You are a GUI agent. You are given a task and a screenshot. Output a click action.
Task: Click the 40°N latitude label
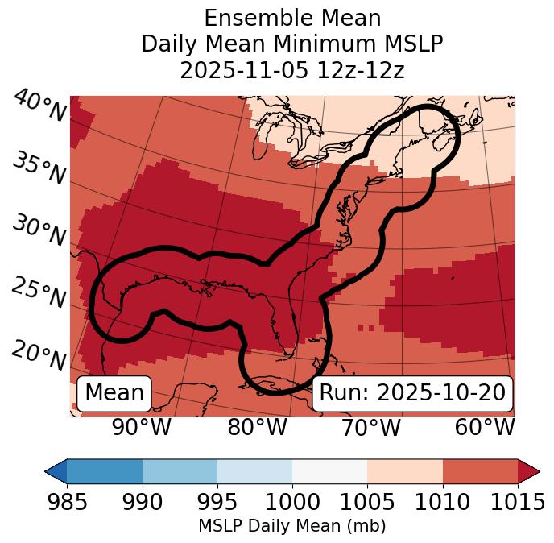coord(39,106)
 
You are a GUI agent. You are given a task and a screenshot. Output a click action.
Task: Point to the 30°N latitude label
coord(39,231)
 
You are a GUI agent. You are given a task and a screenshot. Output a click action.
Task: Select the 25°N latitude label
coord(39,293)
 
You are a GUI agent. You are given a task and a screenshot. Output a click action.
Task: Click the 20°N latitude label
coord(39,354)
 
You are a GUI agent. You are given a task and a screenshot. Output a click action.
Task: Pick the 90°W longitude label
coord(141,427)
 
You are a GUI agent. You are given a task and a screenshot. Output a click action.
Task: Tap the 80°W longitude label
coord(257,427)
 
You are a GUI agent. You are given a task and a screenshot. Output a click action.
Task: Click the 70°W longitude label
coord(370,427)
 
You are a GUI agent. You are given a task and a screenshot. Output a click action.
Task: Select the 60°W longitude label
coord(484,427)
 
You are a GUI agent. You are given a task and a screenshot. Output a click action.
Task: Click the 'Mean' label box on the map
coord(114,393)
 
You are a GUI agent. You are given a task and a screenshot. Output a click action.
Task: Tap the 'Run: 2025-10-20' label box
coord(412,393)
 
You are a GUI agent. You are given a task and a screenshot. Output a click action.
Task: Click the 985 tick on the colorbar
coord(67,502)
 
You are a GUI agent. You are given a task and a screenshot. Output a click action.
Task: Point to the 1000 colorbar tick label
coord(292,502)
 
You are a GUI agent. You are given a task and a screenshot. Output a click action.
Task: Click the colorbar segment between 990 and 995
coord(180,471)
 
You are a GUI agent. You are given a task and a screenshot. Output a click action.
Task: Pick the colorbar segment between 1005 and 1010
coord(404,471)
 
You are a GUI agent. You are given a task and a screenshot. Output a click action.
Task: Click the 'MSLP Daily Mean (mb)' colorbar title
coord(291,527)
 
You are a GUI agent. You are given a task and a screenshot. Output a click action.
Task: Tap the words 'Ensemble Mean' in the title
coord(292,18)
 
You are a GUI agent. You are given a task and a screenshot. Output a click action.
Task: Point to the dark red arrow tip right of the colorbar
coord(530,471)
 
